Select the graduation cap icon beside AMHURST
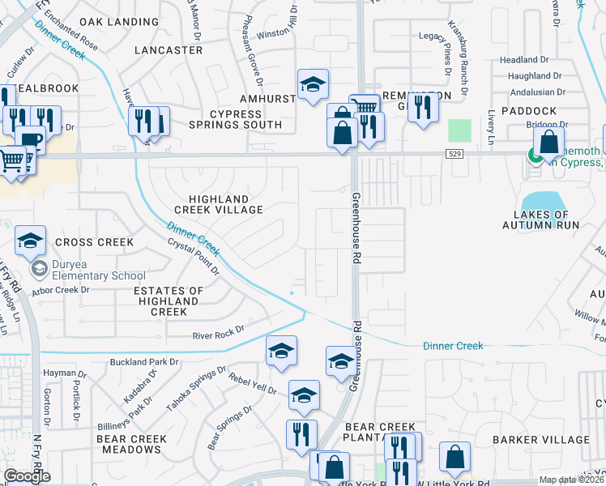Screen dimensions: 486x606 [313, 85]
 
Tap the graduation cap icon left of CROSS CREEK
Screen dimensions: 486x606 [30, 241]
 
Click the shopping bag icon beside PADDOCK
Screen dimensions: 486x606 [548, 143]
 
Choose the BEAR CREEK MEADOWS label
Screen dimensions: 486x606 [131, 444]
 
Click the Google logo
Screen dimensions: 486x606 [28, 475]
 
